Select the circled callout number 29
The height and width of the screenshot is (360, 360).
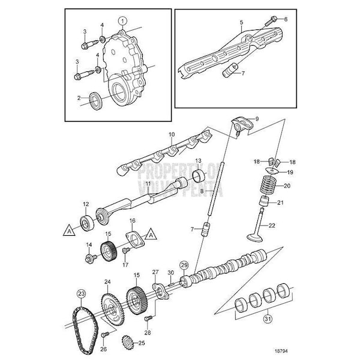(x=184, y=265)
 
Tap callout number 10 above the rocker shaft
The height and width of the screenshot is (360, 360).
(x=171, y=134)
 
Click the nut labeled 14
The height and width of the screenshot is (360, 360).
(x=91, y=258)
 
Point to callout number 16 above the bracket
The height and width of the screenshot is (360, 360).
(x=133, y=220)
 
